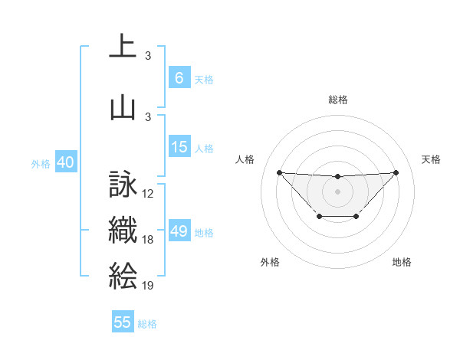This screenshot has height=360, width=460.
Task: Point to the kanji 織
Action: pos(123,231)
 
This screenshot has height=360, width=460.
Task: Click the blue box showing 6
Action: pos(179,78)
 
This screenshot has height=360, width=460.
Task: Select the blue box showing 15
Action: pos(179,147)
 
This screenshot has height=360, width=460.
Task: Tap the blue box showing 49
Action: pos(179,231)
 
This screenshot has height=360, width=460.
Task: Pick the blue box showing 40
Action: pos(64,162)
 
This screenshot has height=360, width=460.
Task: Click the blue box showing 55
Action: pos(123,322)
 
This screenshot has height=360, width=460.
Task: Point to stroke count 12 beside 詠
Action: pos(148,195)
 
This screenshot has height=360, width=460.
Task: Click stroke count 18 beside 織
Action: pos(148,240)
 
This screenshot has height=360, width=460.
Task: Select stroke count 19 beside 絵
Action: pos(148,285)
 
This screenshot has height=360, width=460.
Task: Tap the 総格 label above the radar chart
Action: pos(337,100)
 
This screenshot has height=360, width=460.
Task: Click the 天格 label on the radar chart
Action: pos(431,159)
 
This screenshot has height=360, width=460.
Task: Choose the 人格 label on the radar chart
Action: pos(245,159)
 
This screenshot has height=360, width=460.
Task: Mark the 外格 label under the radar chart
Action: pos(270,263)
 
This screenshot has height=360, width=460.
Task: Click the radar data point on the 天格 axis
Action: pos(396,172)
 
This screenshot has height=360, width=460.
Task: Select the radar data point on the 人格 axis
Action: pos(279,172)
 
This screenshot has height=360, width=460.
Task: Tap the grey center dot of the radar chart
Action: pos(337,191)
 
